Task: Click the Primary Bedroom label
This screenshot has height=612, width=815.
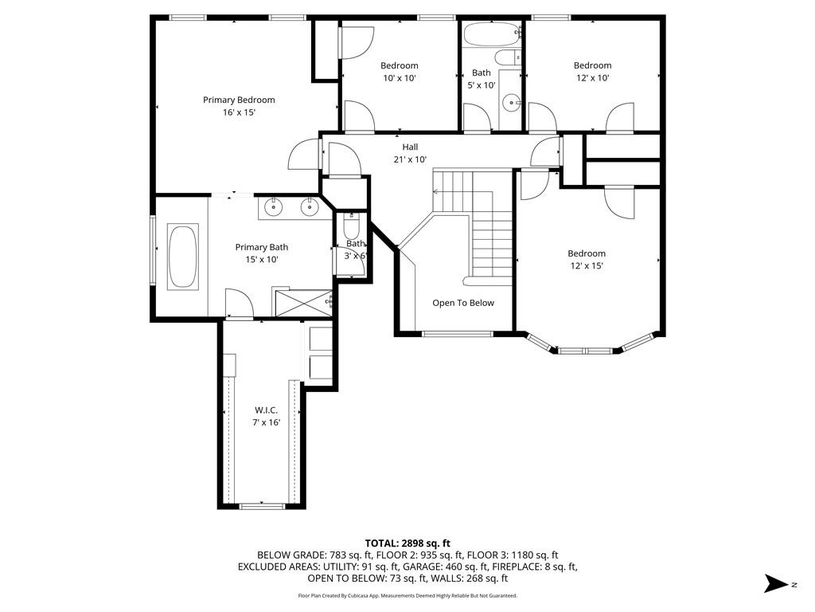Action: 239,100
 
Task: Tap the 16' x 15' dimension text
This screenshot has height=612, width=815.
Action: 239,112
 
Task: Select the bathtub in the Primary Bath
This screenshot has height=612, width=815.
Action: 182,256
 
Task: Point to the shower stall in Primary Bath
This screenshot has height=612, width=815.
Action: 303,303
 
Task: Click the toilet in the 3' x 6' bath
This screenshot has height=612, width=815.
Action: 351,226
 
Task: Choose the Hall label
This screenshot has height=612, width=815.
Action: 410,147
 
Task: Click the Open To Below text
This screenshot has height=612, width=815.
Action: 463,303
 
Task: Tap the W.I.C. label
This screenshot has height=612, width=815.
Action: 266,410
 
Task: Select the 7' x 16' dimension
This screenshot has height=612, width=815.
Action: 266,422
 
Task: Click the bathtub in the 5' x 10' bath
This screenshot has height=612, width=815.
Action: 492,34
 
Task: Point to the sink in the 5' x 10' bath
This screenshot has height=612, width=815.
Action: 513,103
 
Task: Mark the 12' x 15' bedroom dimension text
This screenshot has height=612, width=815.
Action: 587,266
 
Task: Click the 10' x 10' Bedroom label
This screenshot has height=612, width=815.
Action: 400,65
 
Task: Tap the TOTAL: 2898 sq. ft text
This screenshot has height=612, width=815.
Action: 407,543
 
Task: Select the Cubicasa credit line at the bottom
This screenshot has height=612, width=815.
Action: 407,595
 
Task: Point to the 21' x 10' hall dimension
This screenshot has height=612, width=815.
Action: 410,159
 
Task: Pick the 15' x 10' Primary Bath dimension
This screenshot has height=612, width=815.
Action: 262,260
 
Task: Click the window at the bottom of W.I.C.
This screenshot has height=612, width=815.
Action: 262,506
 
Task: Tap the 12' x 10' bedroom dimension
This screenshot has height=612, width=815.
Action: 593,78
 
